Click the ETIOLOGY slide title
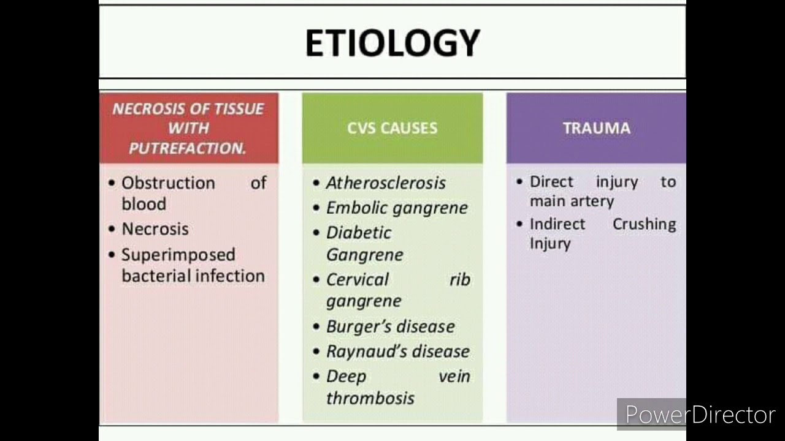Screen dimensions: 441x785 pyautogui.click(x=392, y=43)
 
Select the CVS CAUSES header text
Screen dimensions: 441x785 pyautogui.click(x=392, y=128)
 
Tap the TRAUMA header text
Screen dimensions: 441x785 pyautogui.click(x=596, y=128)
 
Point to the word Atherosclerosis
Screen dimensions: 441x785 pyautogui.click(x=386, y=183)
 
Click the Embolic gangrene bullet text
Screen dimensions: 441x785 pyautogui.click(x=396, y=208)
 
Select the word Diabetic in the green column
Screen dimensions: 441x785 pyautogui.click(x=359, y=233)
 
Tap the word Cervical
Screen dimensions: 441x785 pyautogui.click(x=358, y=279)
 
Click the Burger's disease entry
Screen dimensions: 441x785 pyautogui.click(x=390, y=326)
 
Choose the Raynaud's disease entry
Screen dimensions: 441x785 pyautogui.click(x=397, y=352)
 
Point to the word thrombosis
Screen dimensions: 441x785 pyautogui.click(x=370, y=398)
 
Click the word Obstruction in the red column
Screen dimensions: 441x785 pyautogui.click(x=168, y=183)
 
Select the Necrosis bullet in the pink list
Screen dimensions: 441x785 pyautogui.click(x=155, y=229)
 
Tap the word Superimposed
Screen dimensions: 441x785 pyautogui.click(x=178, y=254)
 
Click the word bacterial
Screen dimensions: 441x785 pyautogui.click(x=154, y=276)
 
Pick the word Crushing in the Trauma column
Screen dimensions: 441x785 pyautogui.click(x=644, y=224)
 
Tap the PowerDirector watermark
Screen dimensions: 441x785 pyautogui.click(x=700, y=415)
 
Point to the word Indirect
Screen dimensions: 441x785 pyautogui.click(x=557, y=224)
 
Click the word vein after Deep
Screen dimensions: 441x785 pyautogui.click(x=454, y=376)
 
